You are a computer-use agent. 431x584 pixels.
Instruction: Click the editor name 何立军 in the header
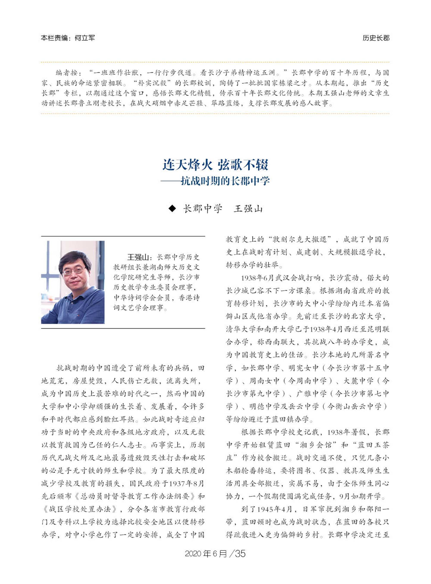pyautogui.click(x=84, y=38)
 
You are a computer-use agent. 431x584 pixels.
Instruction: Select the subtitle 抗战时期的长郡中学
pyautogui.click(x=225, y=181)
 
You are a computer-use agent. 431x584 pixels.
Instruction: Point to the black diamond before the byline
pyautogui.click(x=172, y=208)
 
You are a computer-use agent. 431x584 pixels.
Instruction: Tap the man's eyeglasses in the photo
pyautogui.click(x=74, y=271)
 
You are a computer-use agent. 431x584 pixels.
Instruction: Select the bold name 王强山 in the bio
pyautogui.click(x=138, y=257)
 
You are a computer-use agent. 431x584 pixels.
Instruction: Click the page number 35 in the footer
pyautogui.click(x=240, y=553)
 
